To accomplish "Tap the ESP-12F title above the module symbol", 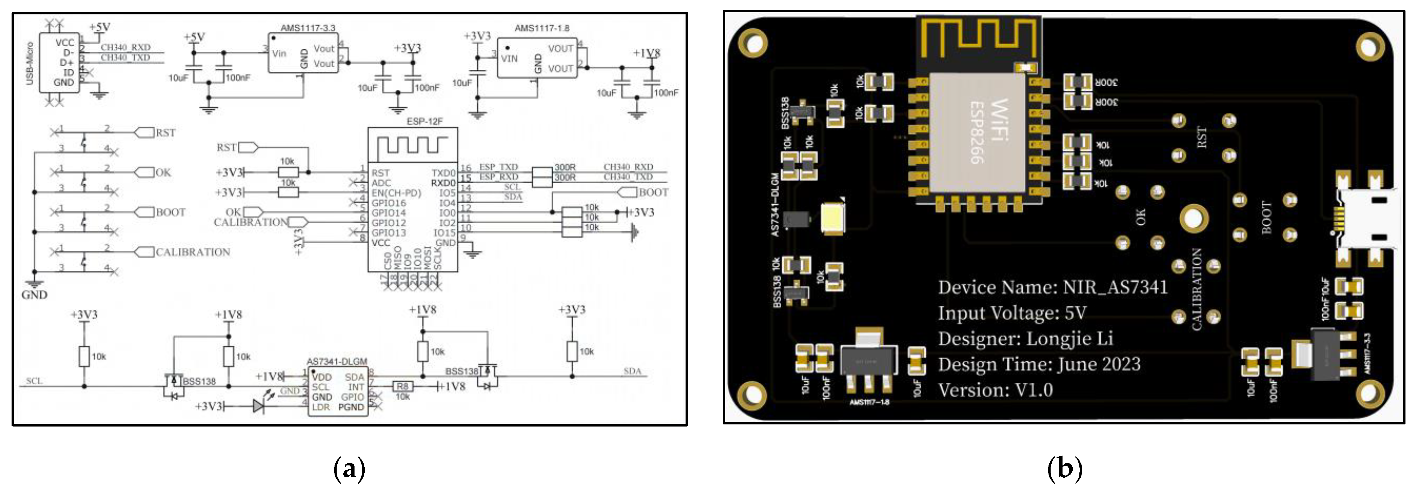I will click(x=424, y=121).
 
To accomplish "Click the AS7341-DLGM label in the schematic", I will click(x=336, y=361).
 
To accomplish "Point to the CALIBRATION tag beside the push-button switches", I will click(x=193, y=252).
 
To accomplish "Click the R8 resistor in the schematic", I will click(x=402, y=387).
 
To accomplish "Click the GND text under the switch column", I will click(x=34, y=295).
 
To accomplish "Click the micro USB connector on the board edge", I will click(x=1369, y=220).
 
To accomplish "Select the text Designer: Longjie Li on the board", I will click(x=1025, y=339).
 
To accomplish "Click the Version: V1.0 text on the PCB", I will click(x=995, y=390).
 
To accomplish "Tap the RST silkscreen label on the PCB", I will click(x=1202, y=137).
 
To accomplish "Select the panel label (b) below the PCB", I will click(x=1064, y=469).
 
